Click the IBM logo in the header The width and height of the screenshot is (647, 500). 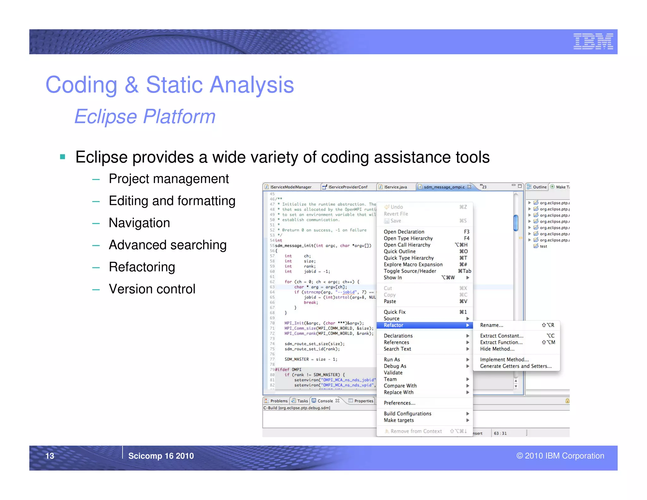point(593,41)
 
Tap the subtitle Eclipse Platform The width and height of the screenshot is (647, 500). point(145,116)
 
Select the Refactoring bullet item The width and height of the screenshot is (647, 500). point(142,267)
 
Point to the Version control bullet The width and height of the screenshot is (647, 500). point(152,289)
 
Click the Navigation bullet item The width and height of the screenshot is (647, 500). point(139,223)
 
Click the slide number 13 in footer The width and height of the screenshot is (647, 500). point(50,456)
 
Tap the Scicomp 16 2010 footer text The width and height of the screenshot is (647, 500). point(161,456)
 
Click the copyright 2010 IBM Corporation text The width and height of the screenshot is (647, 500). point(560,456)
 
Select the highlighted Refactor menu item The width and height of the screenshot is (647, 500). point(394,325)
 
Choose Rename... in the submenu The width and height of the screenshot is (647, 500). point(492,325)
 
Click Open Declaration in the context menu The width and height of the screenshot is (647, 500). point(404,232)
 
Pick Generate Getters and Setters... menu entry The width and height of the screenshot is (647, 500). point(516,366)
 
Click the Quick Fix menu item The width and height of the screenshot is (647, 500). point(395,312)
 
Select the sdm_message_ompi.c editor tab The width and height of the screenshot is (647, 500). point(444,187)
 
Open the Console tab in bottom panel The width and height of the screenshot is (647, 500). point(325,401)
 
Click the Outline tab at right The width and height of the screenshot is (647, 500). point(539,187)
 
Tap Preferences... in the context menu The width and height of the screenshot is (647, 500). point(399,403)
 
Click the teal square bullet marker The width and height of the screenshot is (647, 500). point(63,157)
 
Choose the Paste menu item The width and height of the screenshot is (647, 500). point(390,302)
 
